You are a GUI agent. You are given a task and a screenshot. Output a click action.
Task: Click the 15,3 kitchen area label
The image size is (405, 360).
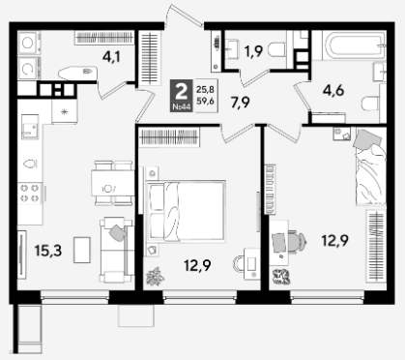point(48,251)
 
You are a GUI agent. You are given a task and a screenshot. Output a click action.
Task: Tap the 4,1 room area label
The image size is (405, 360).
point(111,57)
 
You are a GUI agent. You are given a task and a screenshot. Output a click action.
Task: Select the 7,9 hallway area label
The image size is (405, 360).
point(241,103)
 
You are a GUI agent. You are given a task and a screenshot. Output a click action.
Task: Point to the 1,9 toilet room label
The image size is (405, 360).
point(253,51)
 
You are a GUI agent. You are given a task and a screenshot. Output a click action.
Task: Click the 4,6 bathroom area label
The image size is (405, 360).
point(333,91)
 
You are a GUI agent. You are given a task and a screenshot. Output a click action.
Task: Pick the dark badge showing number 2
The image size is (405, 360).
point(182,96)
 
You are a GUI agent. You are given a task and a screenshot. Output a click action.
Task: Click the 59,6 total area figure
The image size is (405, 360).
point(205,102)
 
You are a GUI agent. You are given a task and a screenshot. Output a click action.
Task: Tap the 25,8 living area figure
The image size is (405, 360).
point(205,89)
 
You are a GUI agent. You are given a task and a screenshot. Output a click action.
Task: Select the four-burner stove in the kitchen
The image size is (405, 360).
point(30,193)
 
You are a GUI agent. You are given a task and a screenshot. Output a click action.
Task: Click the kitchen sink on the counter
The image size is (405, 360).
point(30,127)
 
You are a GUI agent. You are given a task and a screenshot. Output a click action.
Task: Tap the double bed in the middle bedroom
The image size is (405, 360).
point(186,211)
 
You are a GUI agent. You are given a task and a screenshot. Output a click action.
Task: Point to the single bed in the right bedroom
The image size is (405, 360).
point(371,170)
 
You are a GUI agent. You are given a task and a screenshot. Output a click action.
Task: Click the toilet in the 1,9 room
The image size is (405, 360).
point(276,50)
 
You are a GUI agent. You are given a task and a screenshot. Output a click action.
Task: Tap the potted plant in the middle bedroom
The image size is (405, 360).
point(156,277)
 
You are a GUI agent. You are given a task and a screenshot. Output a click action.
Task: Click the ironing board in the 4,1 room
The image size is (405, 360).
point(77,73)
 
